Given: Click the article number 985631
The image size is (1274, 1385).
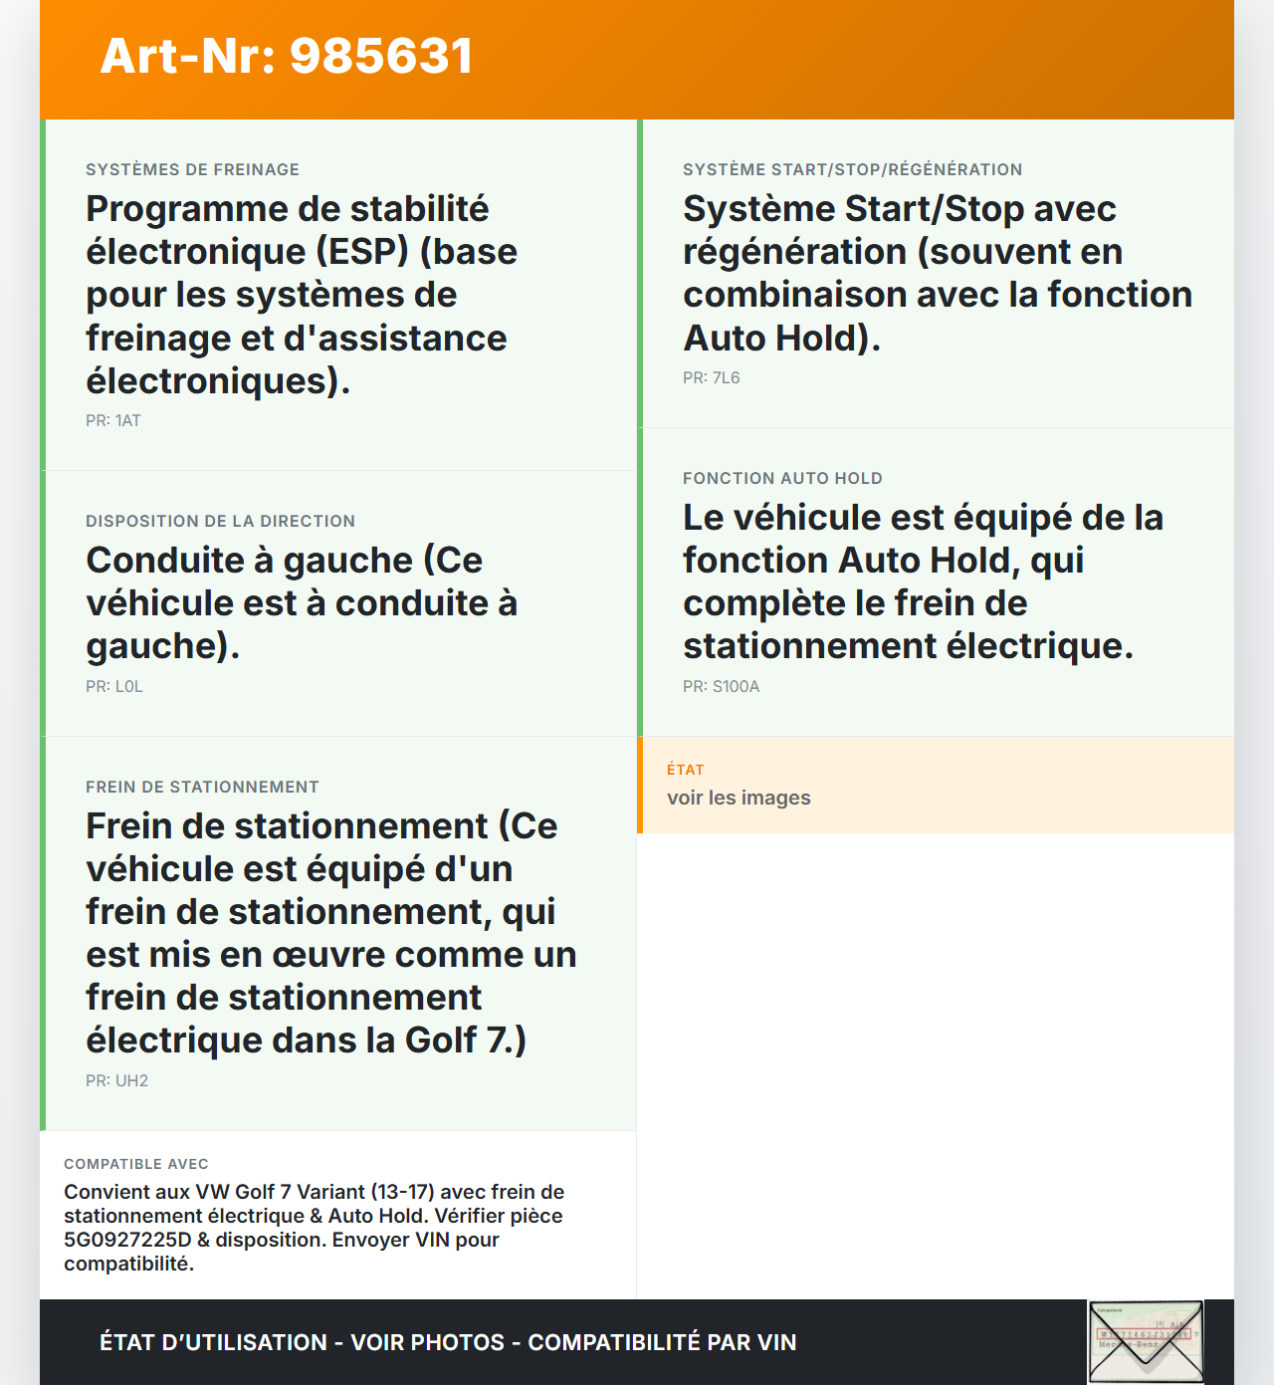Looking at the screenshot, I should [x=381, y=56].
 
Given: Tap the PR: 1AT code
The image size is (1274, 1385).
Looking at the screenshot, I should [x=113, y=420].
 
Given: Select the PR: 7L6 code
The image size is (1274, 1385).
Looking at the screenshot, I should [x=711, y=377].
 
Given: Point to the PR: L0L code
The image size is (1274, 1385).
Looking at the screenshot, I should [x=114, y=686].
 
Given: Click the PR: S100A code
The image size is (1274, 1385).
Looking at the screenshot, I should [x=721, y=686].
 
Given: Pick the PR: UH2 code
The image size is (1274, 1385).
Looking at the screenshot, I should [x=116, y=1080].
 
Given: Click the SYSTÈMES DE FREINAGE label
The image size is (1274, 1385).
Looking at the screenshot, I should [x=192, y=169].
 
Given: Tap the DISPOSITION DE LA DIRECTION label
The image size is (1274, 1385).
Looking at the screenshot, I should [x=220, y=521].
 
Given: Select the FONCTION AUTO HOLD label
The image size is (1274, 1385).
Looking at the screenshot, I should [x=782, y=478].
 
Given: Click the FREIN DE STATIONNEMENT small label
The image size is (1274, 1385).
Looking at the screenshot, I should [x=202, y=787].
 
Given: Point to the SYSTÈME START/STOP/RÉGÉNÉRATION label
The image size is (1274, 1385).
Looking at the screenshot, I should [x=852, y=169].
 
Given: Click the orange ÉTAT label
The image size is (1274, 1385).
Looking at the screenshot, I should [x=685, y=770].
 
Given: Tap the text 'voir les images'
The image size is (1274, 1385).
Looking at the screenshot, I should [x=739, y=798].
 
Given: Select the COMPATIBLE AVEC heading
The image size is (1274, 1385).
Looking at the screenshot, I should [x=136, y=1164].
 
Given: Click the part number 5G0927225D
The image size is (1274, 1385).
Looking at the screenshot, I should [x=127, y=1240].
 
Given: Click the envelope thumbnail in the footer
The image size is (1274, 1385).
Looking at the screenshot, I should [x=1146, y=1341].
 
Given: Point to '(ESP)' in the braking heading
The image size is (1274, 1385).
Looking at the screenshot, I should [x=362, y=252].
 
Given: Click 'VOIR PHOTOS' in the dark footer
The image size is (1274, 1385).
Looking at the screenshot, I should [x=428, y=1342].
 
